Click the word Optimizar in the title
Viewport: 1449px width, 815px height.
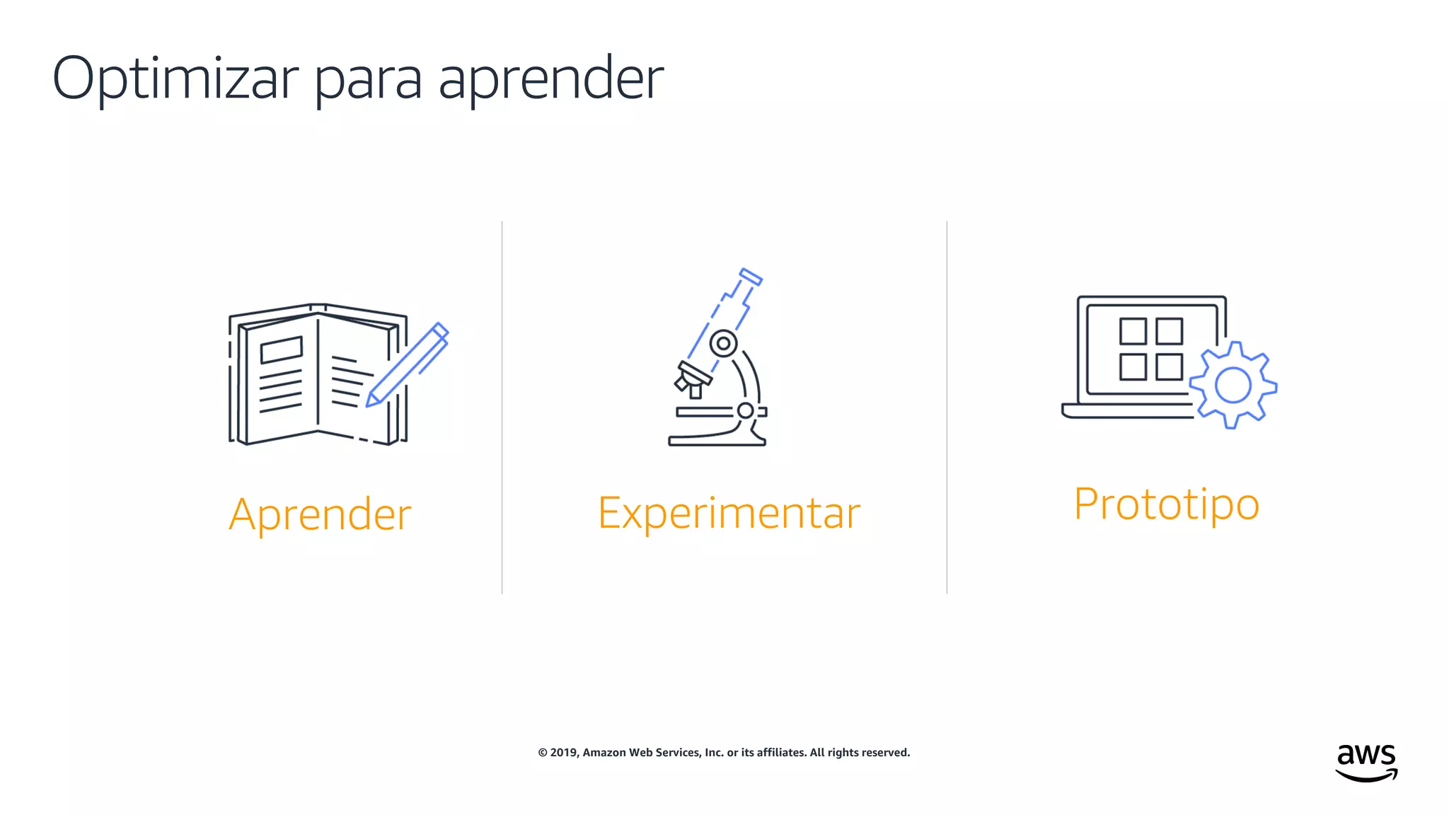pyautogui.click(x=175, y=78)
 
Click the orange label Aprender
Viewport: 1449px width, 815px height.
pyautogui.click(x=320, y=514)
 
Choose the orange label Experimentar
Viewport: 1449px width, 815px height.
pyautogui.click(x=729, y=513)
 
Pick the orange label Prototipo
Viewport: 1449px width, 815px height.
pyautogui.click(x=1166, y=504)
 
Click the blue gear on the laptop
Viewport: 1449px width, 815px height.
pyautogui.click(x=1232, y=386)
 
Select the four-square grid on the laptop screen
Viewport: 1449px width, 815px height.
pyautogui.click(x=1150, y=349)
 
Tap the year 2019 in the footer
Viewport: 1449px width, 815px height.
pyautogui.click(x=565, y=753)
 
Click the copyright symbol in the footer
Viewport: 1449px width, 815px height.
pyautogui.click(x=543, y=753)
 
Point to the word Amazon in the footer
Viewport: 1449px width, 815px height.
pyautogui.click(x=604, y=753)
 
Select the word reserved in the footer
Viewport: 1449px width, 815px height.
pyautogui.click(x=887, y=753)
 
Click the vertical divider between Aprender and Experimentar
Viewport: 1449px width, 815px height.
pyautogui.click(x=502, y=407)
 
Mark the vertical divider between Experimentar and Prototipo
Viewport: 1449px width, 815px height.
pyautogui.click(x=947, y=407)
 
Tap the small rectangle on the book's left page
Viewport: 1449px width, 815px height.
pyautogui.click(x=281, y=349)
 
